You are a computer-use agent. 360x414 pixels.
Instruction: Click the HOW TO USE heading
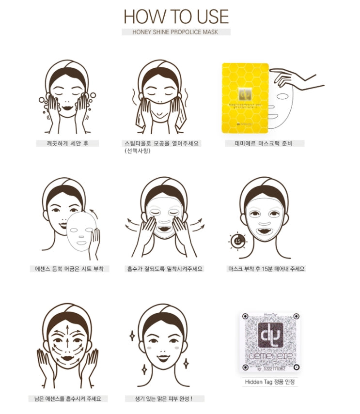pos(176,16)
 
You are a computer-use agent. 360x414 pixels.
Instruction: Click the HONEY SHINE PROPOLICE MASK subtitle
pos(176,32)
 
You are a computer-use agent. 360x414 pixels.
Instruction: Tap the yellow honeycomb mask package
pos(245,98)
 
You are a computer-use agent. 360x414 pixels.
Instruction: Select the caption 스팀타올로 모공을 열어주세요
pos(162,143)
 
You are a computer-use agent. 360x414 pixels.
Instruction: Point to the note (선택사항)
pos(137,151)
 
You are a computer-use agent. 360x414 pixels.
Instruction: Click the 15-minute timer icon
pos(237,240)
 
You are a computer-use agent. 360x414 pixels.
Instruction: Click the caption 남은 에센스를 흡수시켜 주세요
pos(67,399)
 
